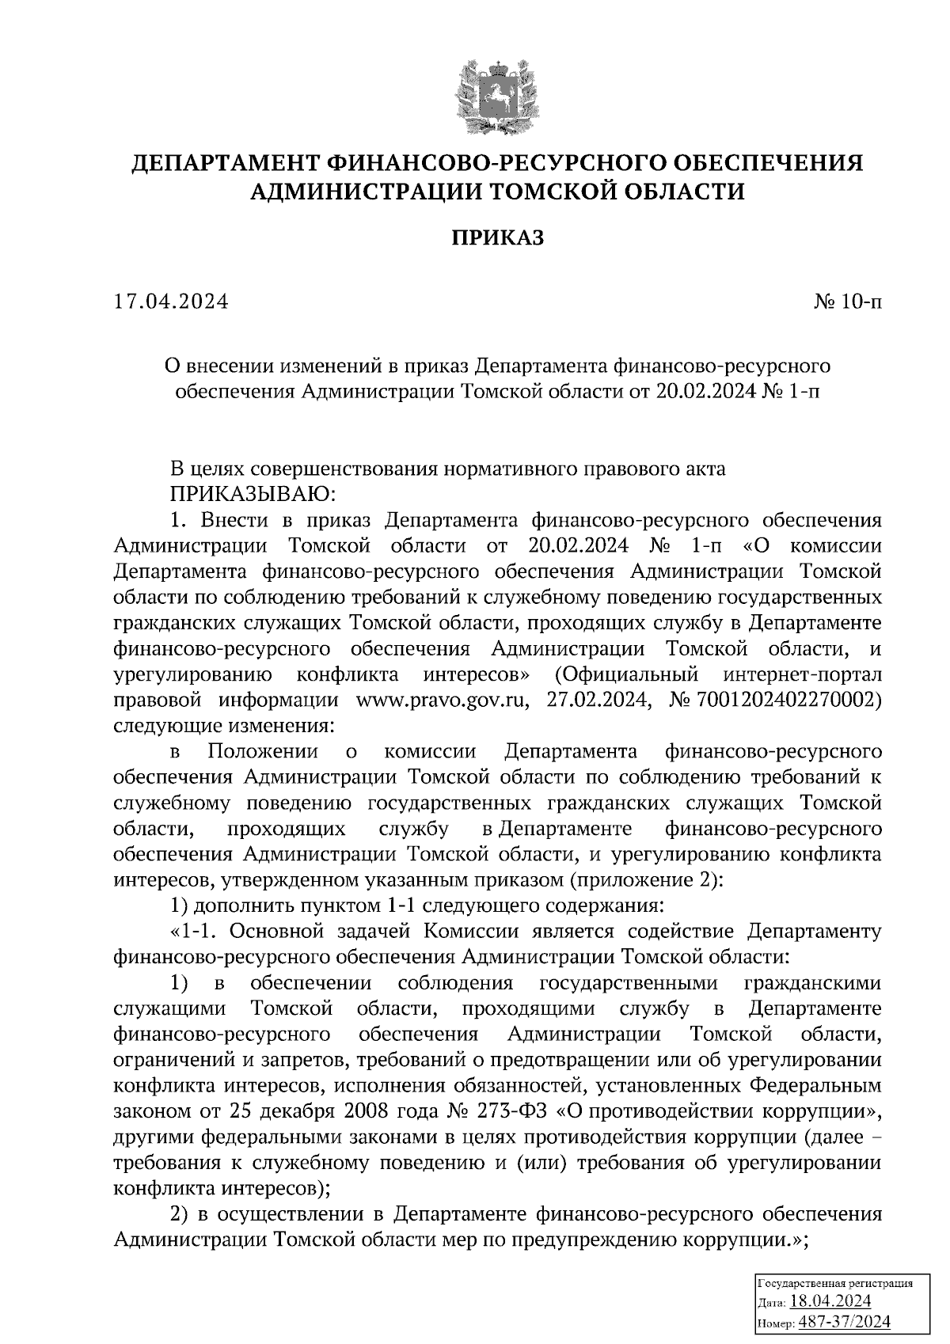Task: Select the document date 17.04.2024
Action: click(x=171, y=302)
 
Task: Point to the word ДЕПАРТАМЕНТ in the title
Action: click(x=222, y=163)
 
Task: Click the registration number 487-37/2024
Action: click(x=843, y=1321)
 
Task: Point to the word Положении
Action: click(x=262, y=751)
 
